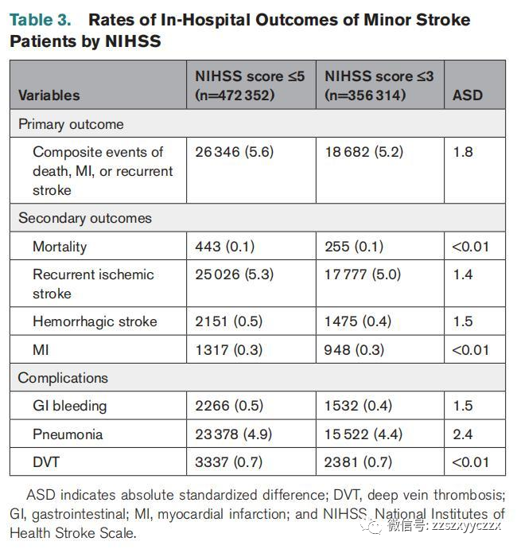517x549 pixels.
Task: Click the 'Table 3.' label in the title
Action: [41, 20]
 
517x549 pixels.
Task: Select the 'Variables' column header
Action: [49, 95]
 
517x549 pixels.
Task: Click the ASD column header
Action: [468, 95]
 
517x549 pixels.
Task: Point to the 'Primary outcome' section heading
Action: [71, 124]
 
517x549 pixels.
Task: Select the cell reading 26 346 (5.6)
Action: [234, 152]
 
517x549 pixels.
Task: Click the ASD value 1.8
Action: [463, 152]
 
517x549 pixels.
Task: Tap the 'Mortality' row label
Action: [60, 247]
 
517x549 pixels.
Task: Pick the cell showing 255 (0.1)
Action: [354, 247]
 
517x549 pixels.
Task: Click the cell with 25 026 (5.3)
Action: [234, 274]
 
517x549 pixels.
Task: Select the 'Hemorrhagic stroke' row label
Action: [95, 321]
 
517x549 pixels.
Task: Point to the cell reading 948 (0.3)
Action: [354, 350]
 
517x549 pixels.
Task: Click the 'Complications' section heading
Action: [63, 378]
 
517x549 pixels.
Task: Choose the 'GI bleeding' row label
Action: [70, 406]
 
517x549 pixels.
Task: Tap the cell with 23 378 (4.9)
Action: [234, 434]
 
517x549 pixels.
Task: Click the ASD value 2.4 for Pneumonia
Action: [463, 434]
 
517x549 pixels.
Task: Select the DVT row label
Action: [46, 462]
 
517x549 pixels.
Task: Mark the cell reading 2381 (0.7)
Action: [358, 462]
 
